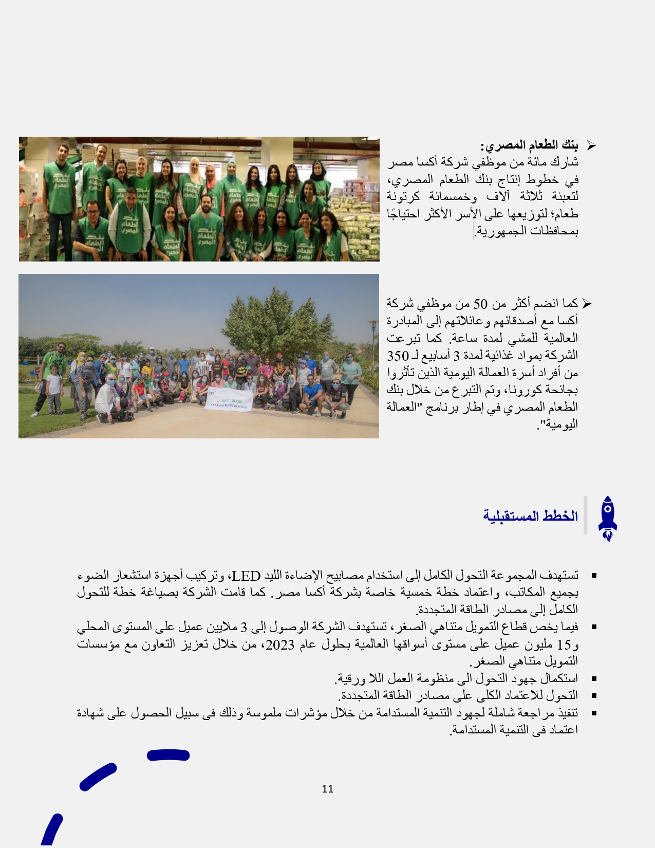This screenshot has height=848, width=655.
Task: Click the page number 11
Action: [328, 788]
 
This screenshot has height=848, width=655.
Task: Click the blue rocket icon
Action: [607, 518]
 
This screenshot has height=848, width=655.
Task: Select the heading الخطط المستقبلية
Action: [530, 516]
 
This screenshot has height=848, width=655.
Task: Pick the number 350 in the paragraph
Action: [397, 356]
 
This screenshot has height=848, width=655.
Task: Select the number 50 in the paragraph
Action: [480, 303]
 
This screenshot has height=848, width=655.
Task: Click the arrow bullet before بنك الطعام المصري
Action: [591, 146]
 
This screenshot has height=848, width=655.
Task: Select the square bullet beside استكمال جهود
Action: [594, 679]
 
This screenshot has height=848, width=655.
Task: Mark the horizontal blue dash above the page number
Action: [168, 755]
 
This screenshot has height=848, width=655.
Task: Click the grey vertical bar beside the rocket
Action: [586, 515]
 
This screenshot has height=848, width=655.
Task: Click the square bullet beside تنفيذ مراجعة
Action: [594, 713]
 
